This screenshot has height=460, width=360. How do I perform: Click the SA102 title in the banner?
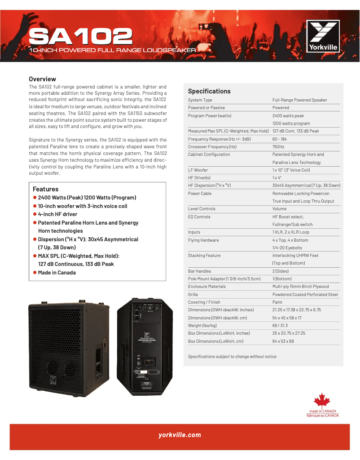click(x=81, y=36)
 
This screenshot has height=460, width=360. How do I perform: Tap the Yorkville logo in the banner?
click(x=322, y=36)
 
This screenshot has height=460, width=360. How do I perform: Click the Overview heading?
click(x=42, y=79)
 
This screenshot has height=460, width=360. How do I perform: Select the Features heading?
click(x=45, y=189)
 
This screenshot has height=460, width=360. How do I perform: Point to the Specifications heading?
click(x=209, y=91)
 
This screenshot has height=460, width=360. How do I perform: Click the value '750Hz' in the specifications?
click(x=278, y=147)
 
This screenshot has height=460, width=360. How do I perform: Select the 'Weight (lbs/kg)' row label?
click(x=202, y=325)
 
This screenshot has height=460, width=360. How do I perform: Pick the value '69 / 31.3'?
click(x=280, y=325)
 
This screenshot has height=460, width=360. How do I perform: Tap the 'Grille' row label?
click(x=193, y=294)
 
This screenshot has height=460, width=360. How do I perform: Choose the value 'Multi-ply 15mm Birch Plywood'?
click(x=300, y=287)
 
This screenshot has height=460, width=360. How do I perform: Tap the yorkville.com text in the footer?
click(x=180, y=435)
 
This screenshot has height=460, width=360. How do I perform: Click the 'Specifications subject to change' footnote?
click(x=232, y=357)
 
